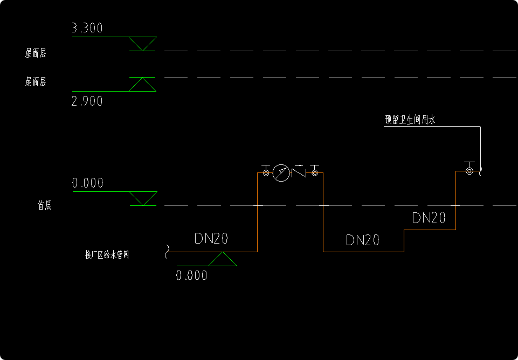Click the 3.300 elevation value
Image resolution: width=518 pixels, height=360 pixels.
pyautogui.click(x=87, y=28)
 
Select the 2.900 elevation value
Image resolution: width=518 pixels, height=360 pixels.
pyautogui.click(x=87, y=101)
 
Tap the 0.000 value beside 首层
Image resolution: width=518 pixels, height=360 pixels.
pyautogui.click(x=87, y=183)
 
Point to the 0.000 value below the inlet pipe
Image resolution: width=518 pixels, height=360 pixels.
pyautogui.click(x=191, y=275)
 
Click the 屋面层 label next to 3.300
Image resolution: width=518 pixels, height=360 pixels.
pyautogui.click(x=36, y=53)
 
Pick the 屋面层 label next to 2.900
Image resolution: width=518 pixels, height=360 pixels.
pyautogui.click(x=36, y=81)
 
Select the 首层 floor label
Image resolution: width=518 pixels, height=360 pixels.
pyautogui.click(x=44, y=205)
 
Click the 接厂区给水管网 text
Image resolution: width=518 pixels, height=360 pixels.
pyautogui.click(x=107, y=255)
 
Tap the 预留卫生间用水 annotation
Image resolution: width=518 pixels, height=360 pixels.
pyautogui.click(x=410, y=120)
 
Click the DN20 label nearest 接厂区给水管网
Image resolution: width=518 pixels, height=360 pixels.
pyautogui.click(x=211, y=239)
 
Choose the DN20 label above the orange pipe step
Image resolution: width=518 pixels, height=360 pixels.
pyautogui.click(x=429, y=218)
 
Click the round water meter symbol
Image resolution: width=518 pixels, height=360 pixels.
pyautogui.click(x=281, y=173)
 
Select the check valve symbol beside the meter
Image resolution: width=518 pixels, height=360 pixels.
pyautogui.click(x=299, y=172)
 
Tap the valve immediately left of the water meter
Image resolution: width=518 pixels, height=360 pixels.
pyautogui.click(x=265, y=172)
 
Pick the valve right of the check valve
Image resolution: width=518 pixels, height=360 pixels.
pyautogui.click(x=314, y=172)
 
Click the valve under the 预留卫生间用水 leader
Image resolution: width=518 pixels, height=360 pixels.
pyautogui.click(x=469, y=170)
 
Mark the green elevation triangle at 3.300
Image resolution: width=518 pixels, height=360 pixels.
pyautogui.click(x=143, y=44)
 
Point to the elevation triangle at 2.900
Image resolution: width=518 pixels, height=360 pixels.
pyautogui.click(x=142, y=85)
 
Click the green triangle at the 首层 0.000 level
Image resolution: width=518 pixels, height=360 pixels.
pyautogui.click(x=143, y=198)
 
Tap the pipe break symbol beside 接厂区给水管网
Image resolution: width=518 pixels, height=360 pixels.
pyautogui.click(x=168, y=251)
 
